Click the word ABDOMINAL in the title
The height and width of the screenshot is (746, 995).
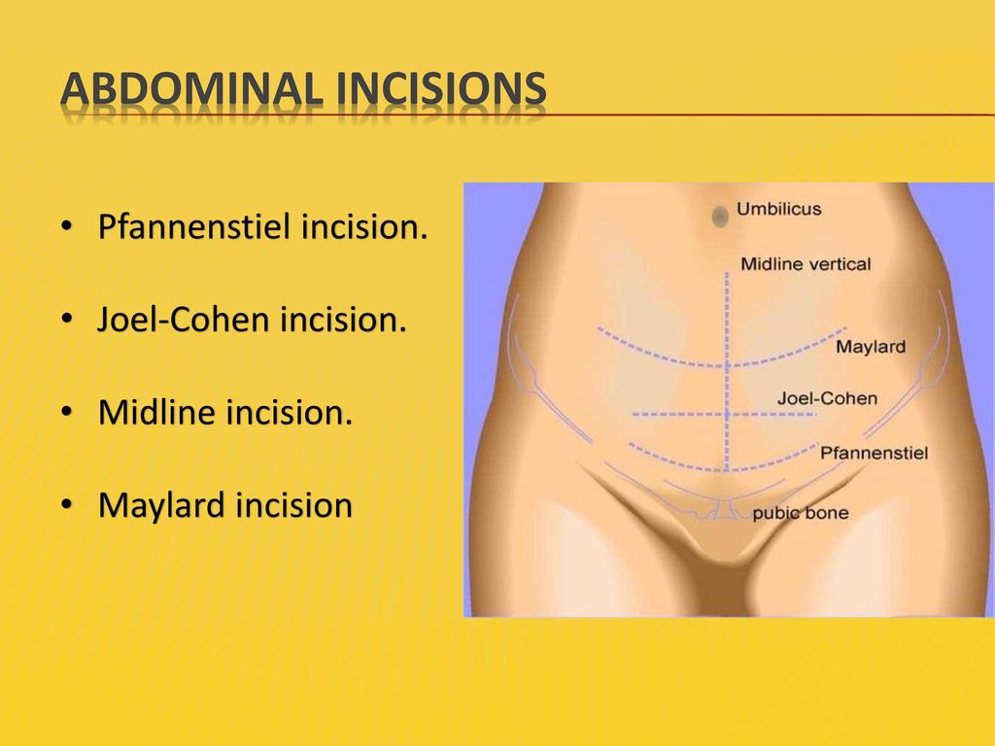click(191, 88)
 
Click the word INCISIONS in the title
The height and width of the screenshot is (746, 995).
click(441, 88)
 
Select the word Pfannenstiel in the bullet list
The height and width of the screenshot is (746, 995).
click(194, 227)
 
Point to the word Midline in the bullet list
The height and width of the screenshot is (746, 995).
click(156, 412)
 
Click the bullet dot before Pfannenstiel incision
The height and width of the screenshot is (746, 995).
click(67, 226)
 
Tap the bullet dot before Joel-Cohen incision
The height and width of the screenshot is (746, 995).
click(67, 319)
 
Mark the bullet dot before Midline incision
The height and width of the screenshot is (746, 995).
click(67, 412)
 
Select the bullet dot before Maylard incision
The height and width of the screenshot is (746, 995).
click(67, 505)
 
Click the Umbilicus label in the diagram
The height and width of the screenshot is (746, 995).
click(778, 209)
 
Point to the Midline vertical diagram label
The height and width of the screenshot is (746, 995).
click(806, 264)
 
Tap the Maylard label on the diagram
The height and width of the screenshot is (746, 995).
click(871, 347)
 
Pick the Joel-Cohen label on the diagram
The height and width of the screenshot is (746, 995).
click(828, 398)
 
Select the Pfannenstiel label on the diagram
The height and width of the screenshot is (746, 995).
click(874, 453)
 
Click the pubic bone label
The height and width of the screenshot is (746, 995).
click(801, 513)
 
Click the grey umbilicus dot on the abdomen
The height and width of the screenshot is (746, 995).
click(720, 217)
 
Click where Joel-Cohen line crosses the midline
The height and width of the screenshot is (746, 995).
click(727, 414)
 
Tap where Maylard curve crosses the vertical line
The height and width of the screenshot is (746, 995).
click(727, 366)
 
